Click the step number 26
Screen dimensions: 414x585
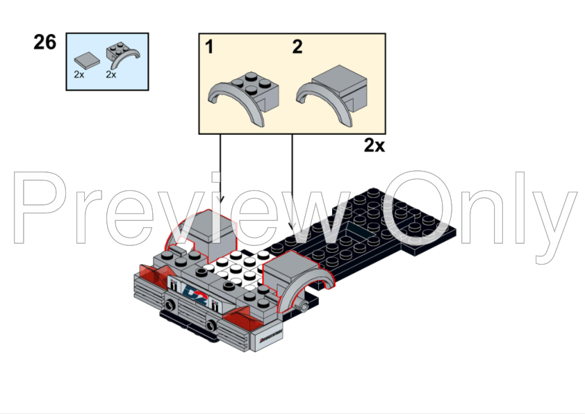(44, 43)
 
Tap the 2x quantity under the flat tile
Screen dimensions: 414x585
(79, 74)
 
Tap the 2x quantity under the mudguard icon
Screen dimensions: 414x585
(110, 74)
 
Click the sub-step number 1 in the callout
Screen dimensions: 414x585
(208, 47)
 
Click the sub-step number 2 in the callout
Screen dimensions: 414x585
(297, 47)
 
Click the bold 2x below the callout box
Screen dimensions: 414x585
(374, 145)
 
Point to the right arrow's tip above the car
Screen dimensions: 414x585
(292, 228)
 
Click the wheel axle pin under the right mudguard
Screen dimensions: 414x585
(304, 306)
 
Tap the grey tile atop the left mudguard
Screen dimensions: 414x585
(208, 226)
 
